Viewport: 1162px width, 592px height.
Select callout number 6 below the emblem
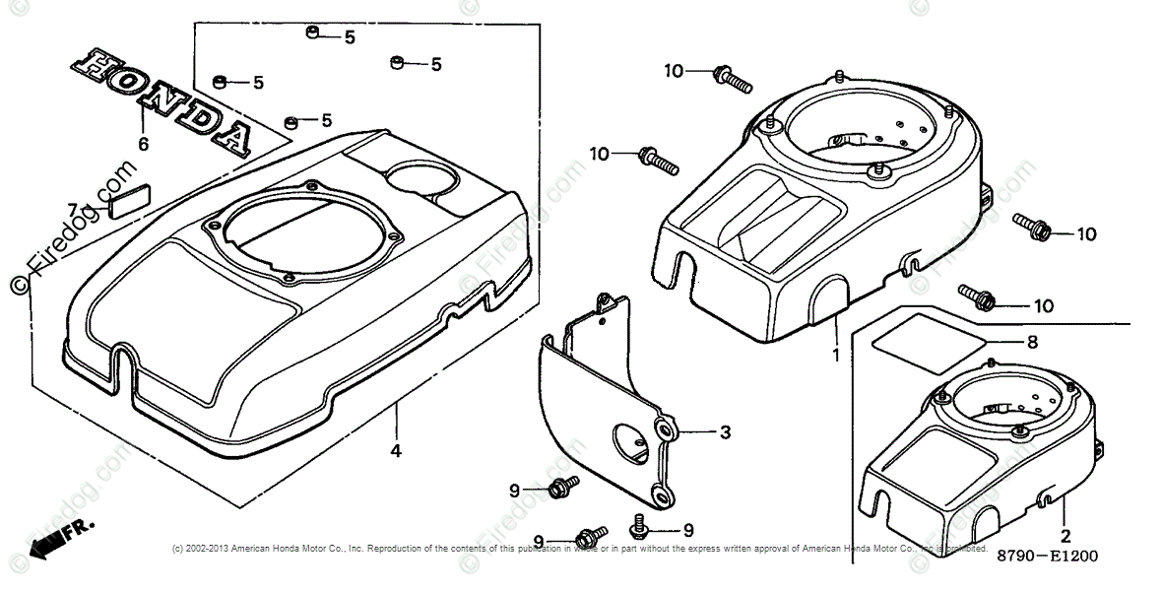click(x=144, y=145)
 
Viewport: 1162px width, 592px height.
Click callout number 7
click(x=72, y=208)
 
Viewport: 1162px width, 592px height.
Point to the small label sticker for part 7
click(x=128, y=201)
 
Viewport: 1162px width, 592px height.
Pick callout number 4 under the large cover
click(x=395, y=451)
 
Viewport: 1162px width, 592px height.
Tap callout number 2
click(x=1065, y=537)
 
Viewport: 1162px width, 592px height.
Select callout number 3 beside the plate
click(x=724, y=432)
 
